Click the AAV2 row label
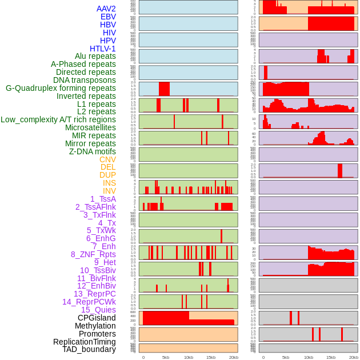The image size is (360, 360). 106,9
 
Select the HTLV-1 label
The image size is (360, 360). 102,49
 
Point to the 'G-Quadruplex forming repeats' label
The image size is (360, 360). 61,88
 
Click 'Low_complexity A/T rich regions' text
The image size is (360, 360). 58,119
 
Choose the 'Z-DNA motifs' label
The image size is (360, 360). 92,151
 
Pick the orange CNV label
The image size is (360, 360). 107,159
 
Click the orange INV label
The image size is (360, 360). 109,191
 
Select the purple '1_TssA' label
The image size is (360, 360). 103,199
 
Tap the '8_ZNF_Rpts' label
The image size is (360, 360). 93,254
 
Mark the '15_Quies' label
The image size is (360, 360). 98,310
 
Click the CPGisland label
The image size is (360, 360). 97,318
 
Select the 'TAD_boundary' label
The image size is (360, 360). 89,349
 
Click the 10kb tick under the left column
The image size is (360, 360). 189,357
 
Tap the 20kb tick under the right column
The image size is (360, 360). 354,357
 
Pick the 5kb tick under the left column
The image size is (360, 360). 166,357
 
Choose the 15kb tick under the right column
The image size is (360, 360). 331,357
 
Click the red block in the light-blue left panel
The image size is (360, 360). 164,89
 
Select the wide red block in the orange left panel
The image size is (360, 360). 166,318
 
